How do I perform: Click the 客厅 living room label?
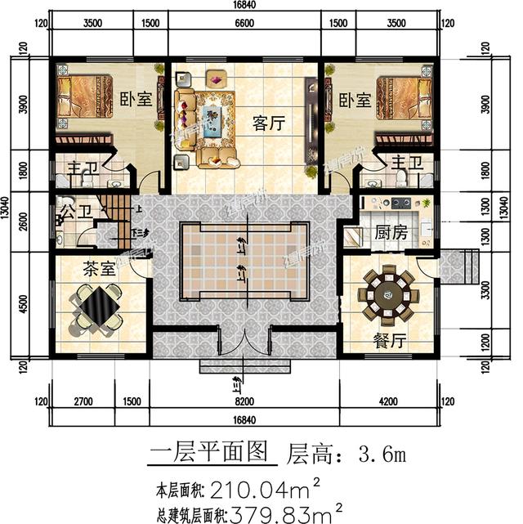click(x=268, y=124)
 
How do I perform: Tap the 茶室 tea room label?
click(x=100, y=267)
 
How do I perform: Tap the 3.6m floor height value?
click(x=382, y=452)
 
